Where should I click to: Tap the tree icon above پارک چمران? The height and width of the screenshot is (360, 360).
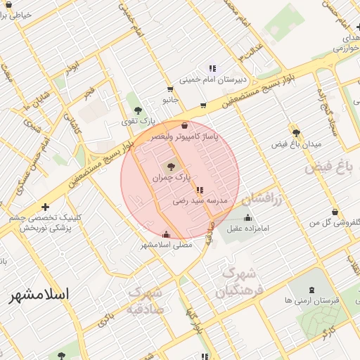(171, 167)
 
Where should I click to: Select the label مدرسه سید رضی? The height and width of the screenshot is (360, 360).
(201, 201)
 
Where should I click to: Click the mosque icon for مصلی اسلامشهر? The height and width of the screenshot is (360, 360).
(166, 234)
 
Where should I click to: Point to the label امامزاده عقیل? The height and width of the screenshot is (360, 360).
(243, 229)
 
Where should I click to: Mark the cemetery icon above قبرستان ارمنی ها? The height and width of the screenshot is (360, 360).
(312, 289)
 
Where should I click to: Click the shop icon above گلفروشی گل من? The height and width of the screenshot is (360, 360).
(335, 212)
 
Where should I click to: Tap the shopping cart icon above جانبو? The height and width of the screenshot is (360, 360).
(171, 89)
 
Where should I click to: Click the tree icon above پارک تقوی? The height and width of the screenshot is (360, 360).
(137, 110)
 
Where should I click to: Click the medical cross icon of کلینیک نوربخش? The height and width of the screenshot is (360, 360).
(46, 207)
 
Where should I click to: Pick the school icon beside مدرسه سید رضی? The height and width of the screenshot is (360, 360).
(200, 190)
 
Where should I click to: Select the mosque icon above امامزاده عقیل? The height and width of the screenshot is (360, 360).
(246, 217)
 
